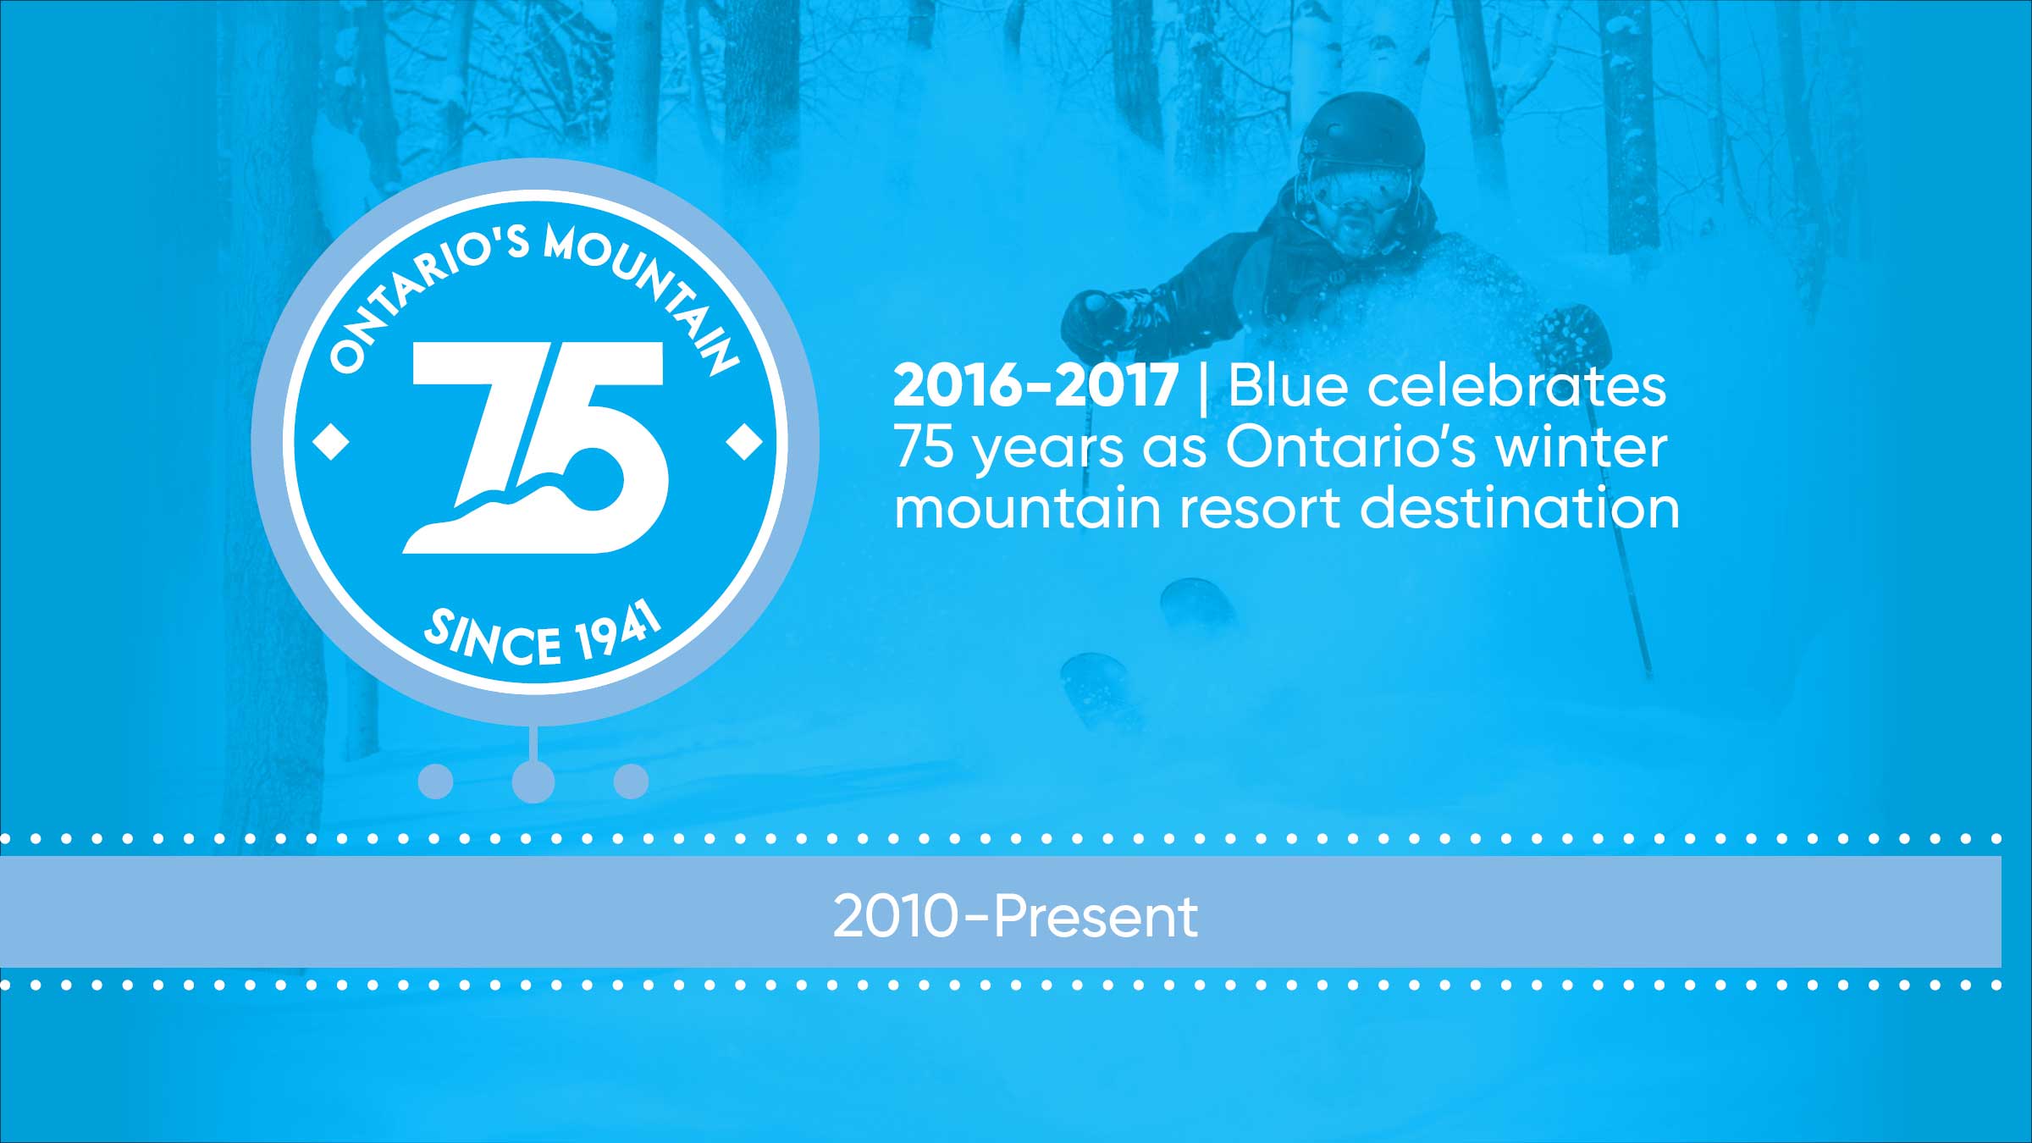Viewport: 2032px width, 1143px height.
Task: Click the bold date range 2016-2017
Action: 1035,386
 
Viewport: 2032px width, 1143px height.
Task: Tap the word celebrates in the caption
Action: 1516,386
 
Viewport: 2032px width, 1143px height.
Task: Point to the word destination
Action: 1520,509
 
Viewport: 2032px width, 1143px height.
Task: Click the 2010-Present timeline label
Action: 1015,915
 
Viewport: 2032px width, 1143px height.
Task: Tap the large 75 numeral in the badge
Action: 536,447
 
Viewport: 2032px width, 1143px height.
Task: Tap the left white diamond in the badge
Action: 331,442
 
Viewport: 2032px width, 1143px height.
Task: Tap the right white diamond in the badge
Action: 745,442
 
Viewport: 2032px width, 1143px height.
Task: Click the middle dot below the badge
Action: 533,781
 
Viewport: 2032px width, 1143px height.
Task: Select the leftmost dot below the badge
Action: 436,781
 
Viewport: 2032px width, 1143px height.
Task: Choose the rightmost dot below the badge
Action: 631,781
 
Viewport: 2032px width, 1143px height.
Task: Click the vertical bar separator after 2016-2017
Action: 1203,388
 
